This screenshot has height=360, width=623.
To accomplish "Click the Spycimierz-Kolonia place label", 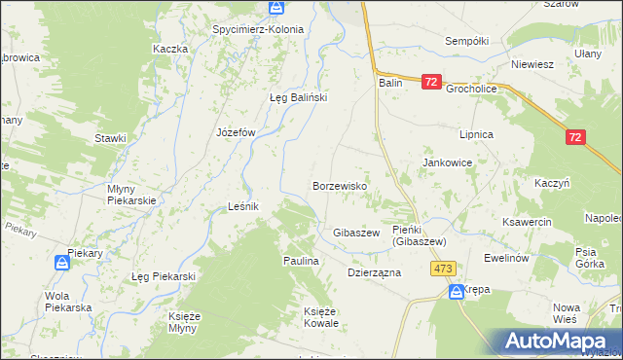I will pyautogui.click(x=258, y=29).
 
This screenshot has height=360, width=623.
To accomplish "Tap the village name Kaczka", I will pyautogui.click(x=169, y=49).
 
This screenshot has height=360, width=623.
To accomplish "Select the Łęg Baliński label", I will pyautogui.click(x=298, y=97).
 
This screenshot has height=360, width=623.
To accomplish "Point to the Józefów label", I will pyautogui.click(x=235, y=132).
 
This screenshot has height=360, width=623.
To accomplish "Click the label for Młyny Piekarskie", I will pyautogui.click(x=129, y=194).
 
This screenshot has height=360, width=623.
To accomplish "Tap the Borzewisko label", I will pyautogui.click(x=339, y=185).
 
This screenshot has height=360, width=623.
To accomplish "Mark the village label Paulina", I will pyautogui.click(x=302, y=262).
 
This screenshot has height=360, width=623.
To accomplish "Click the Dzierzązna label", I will pyautogui.click(x=375, y=273).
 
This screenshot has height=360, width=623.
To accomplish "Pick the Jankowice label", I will pyautogui.click(x=447, y=163).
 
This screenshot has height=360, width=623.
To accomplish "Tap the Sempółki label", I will pyautogui.click(x=465, y=41).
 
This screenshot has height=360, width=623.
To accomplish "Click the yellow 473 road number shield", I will pyautogui.click(x=445, y=269).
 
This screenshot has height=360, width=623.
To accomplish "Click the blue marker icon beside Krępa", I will pyautogui.click(x=456, y=291).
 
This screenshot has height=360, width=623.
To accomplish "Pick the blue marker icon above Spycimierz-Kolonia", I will pyautogui.click(x=276, y=8).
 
